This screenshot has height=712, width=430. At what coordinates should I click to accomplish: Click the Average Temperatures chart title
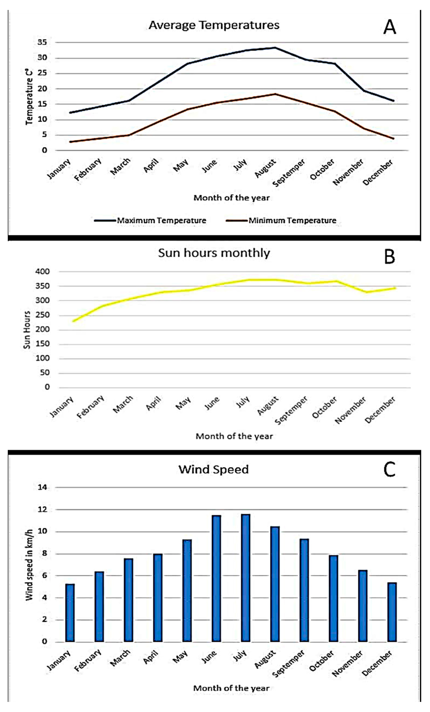coord(214,25)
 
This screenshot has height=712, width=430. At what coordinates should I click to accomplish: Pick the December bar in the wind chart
coord(392,612)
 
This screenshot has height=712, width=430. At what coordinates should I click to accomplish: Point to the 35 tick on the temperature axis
coord(42,42)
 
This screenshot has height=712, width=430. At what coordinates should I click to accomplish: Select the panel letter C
coord(389,470)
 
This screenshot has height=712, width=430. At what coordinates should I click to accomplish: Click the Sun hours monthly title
coord(214,253)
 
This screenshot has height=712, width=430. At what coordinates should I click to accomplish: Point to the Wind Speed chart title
coord(214,469)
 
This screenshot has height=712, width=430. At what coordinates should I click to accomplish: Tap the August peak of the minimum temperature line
coord(275,94)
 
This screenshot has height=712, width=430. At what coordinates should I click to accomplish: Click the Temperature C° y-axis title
coord(29,97)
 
